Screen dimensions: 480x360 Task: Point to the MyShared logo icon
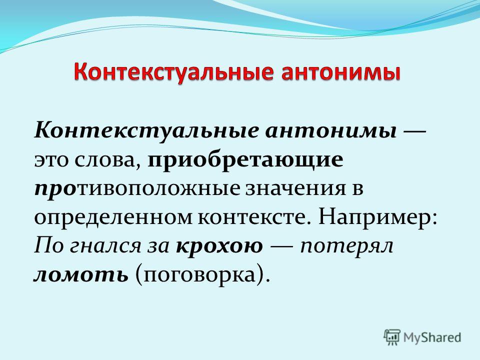tap(392, 337)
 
